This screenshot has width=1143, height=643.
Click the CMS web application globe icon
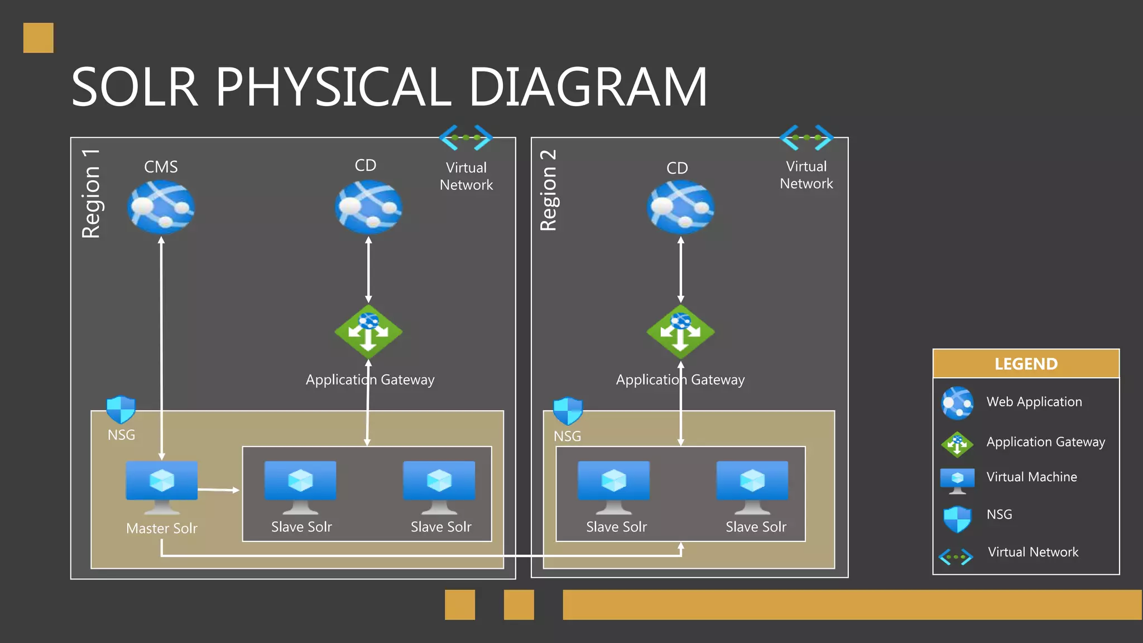point(161,207)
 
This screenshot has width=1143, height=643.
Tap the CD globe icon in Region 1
point(368,207)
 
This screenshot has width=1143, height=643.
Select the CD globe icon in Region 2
point(680,207)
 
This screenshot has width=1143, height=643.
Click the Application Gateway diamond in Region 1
point(368,332)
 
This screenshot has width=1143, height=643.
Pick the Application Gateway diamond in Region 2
point(680,332)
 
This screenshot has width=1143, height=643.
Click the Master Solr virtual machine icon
point(162,486)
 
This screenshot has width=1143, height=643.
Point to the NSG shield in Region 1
point(121,410)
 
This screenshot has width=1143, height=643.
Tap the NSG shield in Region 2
point(568,411)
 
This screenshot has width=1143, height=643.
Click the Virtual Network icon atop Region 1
point(466,137)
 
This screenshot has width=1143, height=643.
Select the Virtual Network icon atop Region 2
point(806,137)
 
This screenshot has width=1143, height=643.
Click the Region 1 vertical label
point(91,194)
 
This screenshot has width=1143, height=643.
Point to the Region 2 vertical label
point(549,190)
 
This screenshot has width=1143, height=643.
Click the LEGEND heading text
point(1026,364)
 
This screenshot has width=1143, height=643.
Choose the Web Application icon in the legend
point(957,402)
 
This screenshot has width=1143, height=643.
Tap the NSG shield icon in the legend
point(957,519)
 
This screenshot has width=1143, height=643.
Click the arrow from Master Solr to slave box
point(219,490)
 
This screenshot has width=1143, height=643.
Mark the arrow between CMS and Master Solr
point(161,346)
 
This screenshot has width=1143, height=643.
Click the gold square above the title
point(39,38)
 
